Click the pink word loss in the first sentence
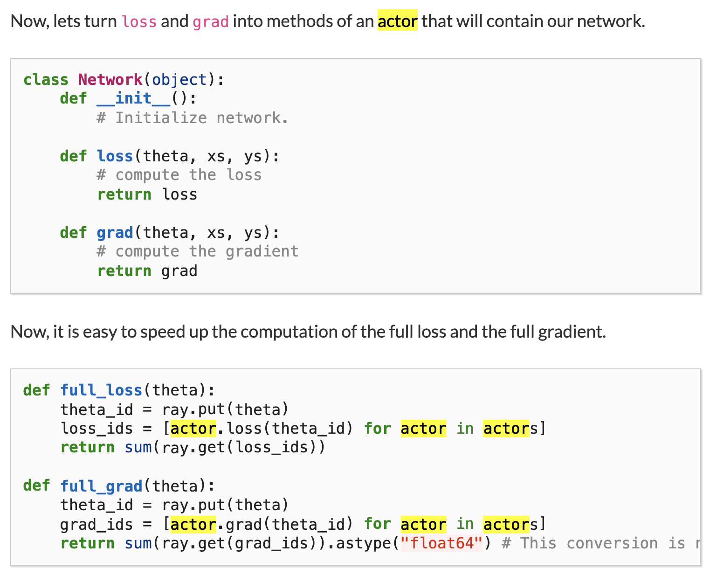tap(139, 22)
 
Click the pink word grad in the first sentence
tap(210, 22)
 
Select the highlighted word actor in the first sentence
tap(397, 21)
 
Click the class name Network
tap(110, 80)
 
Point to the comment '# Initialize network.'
tap(193, 118)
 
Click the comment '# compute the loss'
tap(179, 175)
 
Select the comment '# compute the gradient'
tap(197, 251)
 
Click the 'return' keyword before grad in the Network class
tap(124, 271)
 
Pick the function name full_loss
tap(101, 390)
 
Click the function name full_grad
tap(101, 486)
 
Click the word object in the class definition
tap(179, 80)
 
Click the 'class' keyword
tap(46, 80)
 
